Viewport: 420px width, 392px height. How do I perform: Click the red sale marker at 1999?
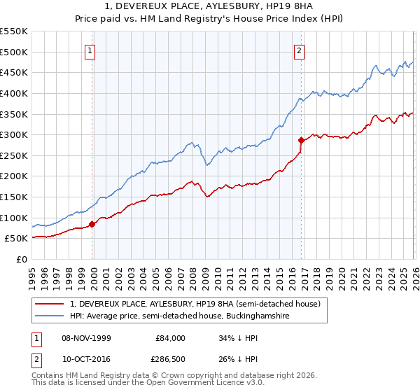click(92, 224)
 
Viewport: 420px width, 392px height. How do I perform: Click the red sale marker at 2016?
click(301, 140)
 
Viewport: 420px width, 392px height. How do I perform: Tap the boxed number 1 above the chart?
click(91, 50)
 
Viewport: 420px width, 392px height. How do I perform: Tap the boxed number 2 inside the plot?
click(299, 50)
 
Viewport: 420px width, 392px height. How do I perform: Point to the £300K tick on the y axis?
click(14, 134)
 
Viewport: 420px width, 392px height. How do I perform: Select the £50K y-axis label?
click(17, 239)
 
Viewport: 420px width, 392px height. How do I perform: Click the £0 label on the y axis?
click(22, 259)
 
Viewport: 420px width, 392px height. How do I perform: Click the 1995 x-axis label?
click(32, 273)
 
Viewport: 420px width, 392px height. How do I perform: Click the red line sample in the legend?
click(50, 304)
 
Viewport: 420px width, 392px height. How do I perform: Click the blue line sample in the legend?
click(50, 316)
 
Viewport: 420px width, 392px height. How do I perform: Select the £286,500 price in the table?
click(169, 360)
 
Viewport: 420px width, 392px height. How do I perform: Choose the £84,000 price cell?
click(171, 337)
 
